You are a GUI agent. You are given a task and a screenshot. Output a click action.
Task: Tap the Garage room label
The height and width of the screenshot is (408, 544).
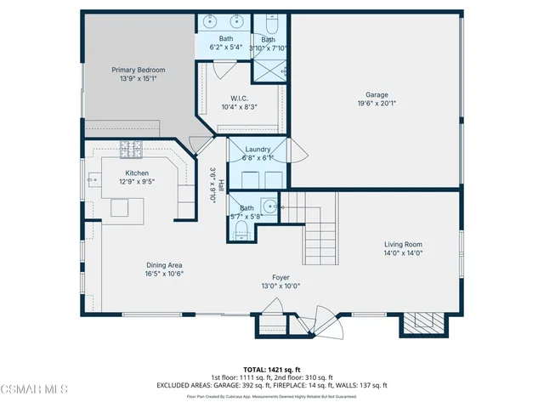click(x=377, y=95)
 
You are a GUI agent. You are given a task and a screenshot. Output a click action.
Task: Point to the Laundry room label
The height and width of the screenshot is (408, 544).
click(x=258, y=150)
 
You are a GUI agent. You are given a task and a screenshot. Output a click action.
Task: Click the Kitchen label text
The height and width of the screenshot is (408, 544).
click(x=137, y=173)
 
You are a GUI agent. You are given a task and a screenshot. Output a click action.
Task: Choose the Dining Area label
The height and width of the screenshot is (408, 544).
click(x=165, y=265)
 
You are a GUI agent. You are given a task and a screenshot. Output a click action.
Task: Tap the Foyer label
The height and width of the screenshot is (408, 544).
click(x=280, y=278)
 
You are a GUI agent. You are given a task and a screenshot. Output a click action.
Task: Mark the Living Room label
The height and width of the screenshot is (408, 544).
click(x=403, y=244)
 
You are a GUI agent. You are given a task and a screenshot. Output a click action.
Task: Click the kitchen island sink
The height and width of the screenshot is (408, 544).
click(x=120, y=208)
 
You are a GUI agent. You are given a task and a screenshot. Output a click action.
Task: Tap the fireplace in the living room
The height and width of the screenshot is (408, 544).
click(x=422, y=323)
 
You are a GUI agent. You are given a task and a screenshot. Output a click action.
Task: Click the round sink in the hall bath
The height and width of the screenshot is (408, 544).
click(x=269, y=206)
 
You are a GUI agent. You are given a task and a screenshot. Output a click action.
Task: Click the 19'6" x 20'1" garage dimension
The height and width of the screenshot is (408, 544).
click(x=377, y=105)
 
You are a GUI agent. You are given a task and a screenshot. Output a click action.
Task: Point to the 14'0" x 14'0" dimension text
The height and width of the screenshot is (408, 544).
click(x=403, y=252)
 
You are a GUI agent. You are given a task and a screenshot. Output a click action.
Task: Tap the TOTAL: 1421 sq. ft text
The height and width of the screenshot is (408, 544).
click(x=271, y=370)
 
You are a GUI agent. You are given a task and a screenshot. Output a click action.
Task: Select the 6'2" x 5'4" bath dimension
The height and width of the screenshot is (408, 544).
click(x=226, y=47)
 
